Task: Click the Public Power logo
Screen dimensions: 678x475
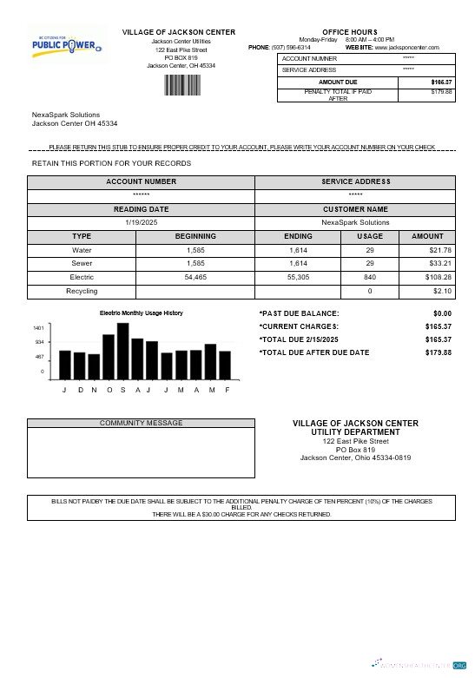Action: point(68,43)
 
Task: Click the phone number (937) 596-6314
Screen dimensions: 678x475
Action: point(291,47)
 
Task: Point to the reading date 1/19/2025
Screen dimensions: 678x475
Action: point(141,222)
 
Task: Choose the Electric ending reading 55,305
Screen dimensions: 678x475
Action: point(298,277)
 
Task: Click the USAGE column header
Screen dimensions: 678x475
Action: point(369,236)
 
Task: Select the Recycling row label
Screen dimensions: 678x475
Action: point(82,291)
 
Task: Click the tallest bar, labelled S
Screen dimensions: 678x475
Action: point(123,352)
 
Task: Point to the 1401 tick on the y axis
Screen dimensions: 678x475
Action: point(38,328)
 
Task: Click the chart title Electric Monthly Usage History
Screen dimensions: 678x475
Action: point(142,313)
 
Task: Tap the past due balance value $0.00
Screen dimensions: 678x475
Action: point(442,313)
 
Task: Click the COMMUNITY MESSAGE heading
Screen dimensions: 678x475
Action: point(142,423)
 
